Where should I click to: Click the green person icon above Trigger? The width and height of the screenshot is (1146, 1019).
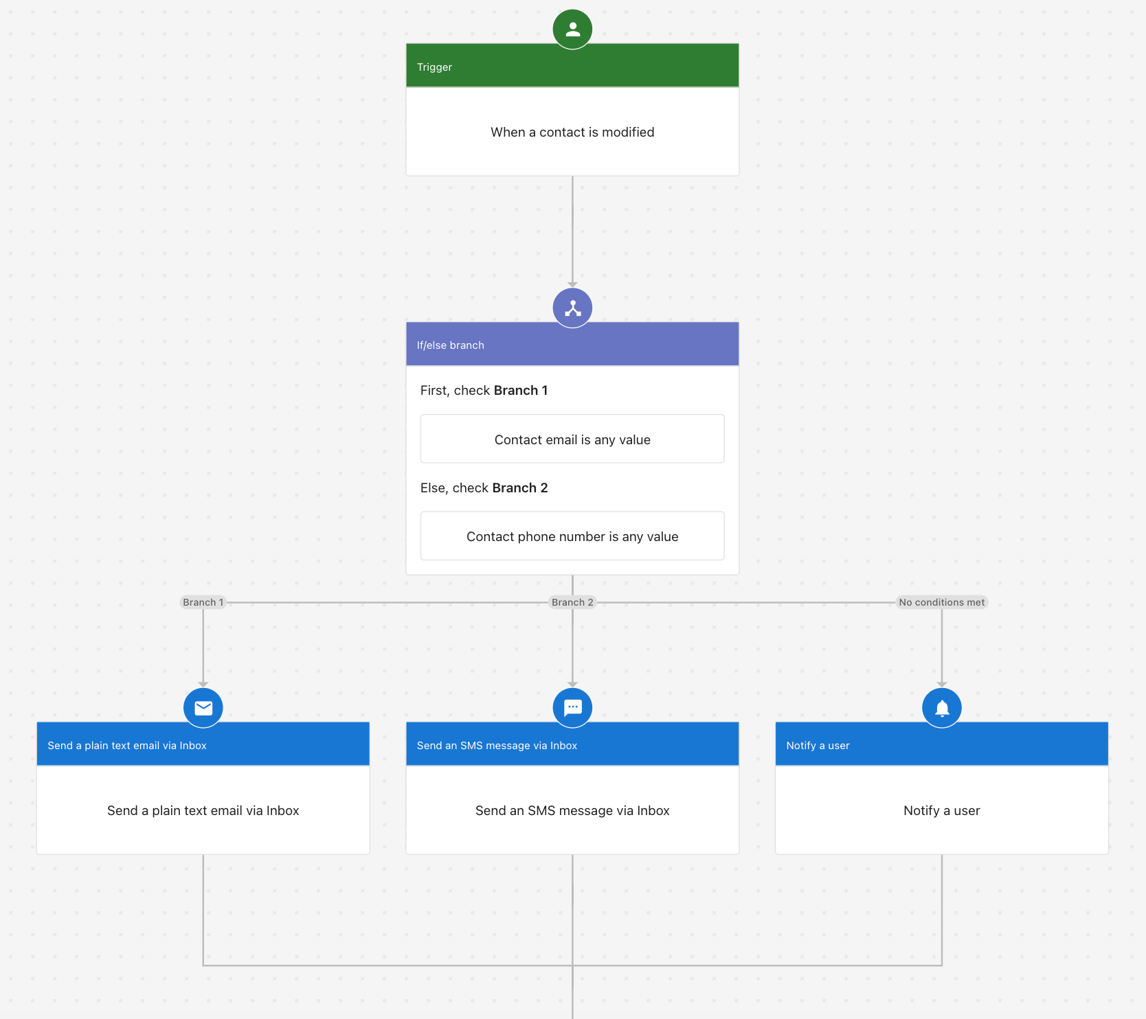pos(572,30)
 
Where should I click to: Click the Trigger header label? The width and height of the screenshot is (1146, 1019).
pos(434,67)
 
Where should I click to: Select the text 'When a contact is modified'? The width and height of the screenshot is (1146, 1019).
pos(572,132)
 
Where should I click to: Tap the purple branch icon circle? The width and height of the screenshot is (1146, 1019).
pos(572,308)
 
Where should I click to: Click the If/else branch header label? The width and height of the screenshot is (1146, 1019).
pos(450,345)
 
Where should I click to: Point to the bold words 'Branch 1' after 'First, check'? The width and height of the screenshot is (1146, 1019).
pos(521,390)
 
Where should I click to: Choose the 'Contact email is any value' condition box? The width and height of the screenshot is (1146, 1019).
pos(572,439)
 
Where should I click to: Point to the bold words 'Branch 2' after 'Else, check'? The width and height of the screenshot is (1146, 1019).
pos(520,488)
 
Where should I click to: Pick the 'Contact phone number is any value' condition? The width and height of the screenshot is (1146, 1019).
pos(572,536)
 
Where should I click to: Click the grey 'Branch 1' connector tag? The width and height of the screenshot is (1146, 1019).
pos(203,602)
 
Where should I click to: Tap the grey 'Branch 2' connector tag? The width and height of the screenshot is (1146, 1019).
pos(572,602)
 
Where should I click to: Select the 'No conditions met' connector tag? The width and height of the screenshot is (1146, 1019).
pos(941,602)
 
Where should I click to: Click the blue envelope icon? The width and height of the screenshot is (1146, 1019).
pos(203,707)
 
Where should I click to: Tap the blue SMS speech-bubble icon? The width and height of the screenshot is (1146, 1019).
pos(572,707)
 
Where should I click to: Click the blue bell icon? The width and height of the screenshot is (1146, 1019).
pos(942,707)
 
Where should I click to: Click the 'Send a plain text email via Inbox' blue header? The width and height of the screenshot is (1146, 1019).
pos(127,746)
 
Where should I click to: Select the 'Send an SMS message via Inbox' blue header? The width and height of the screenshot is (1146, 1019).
pos(497,746)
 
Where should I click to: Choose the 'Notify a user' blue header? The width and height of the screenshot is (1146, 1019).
pos(818,746)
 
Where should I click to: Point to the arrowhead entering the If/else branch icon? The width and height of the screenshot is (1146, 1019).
pos(572,284)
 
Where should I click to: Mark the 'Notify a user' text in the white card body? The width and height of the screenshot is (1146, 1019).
pos(941,810)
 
